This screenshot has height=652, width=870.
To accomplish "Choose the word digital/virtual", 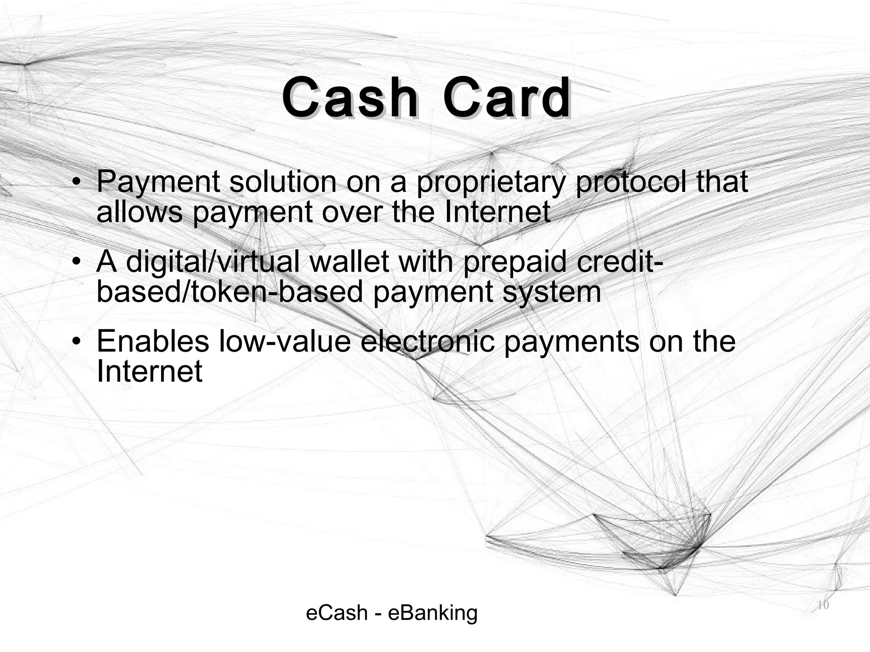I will click(213, 262).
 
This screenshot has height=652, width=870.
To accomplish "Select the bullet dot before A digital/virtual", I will click(76, 262).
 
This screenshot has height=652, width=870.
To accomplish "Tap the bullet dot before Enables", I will click(76, 342).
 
